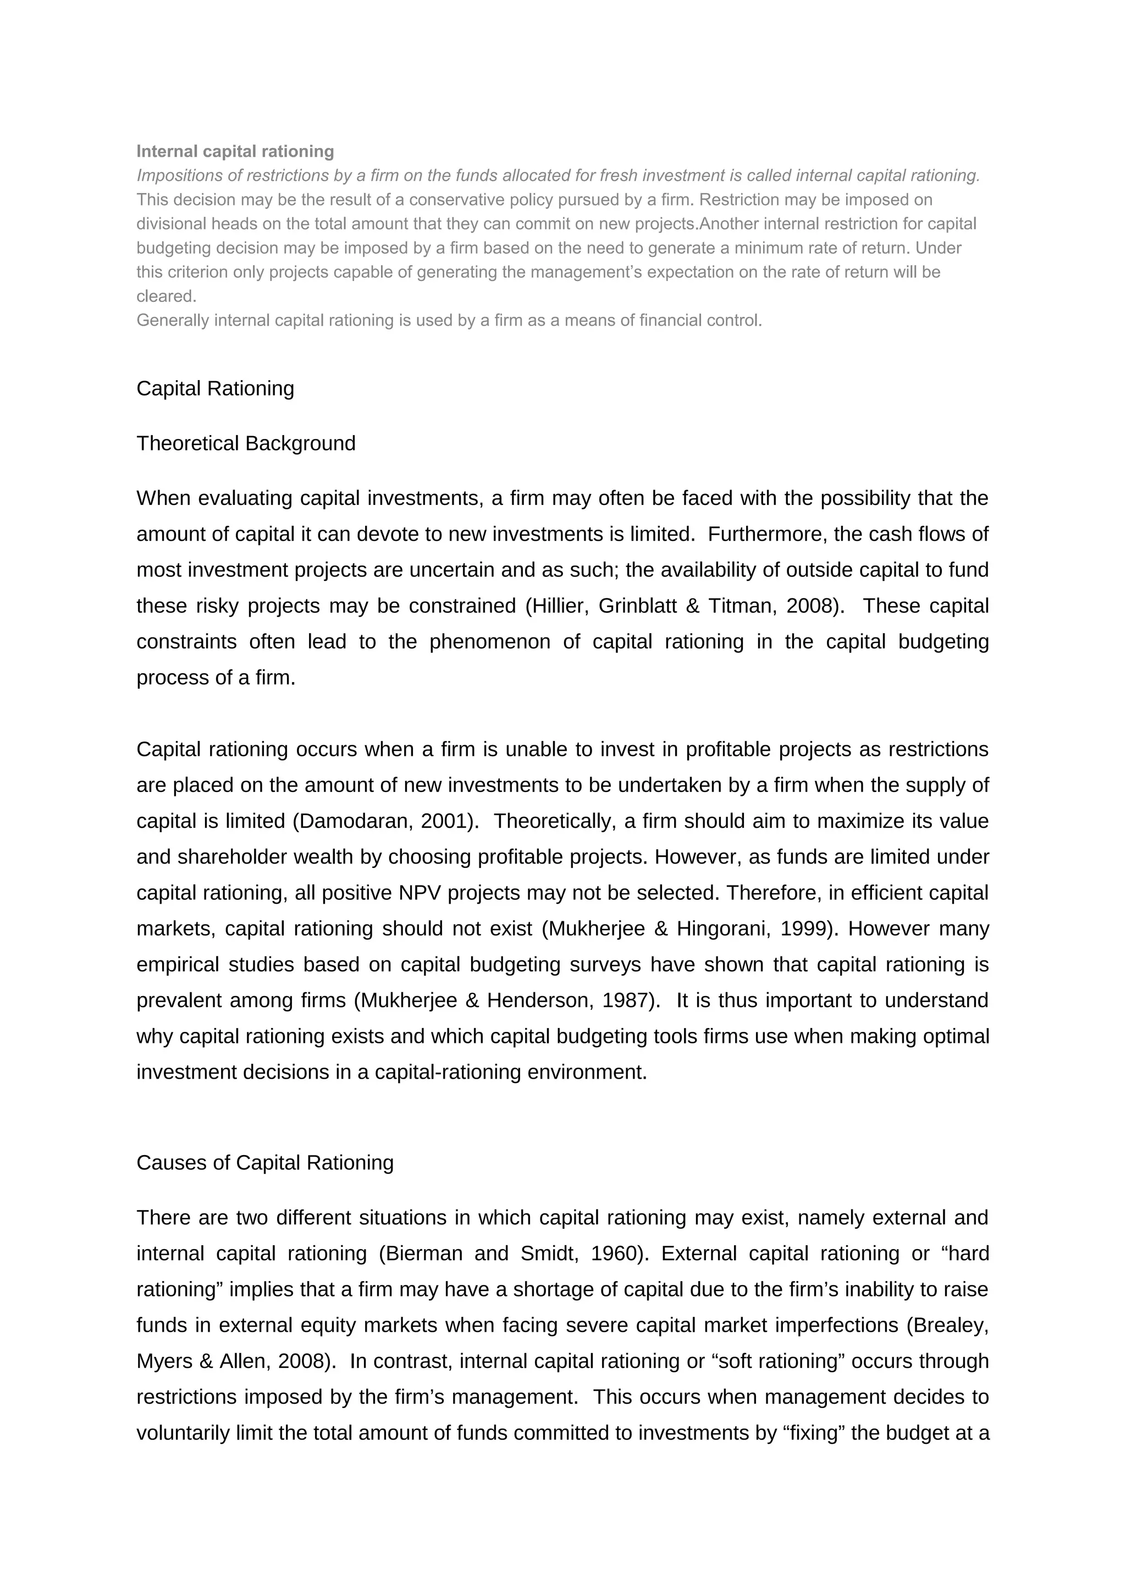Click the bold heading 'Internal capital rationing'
click(x=235, y=151)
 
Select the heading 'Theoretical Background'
click(x=246, y=443)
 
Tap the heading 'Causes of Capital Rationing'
click(x=264, y=1162)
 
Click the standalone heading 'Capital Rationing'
click(x=215, y=388)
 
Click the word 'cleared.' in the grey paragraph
click(x=167, y=296)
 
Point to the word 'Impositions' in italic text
click(x=177, y=175)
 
